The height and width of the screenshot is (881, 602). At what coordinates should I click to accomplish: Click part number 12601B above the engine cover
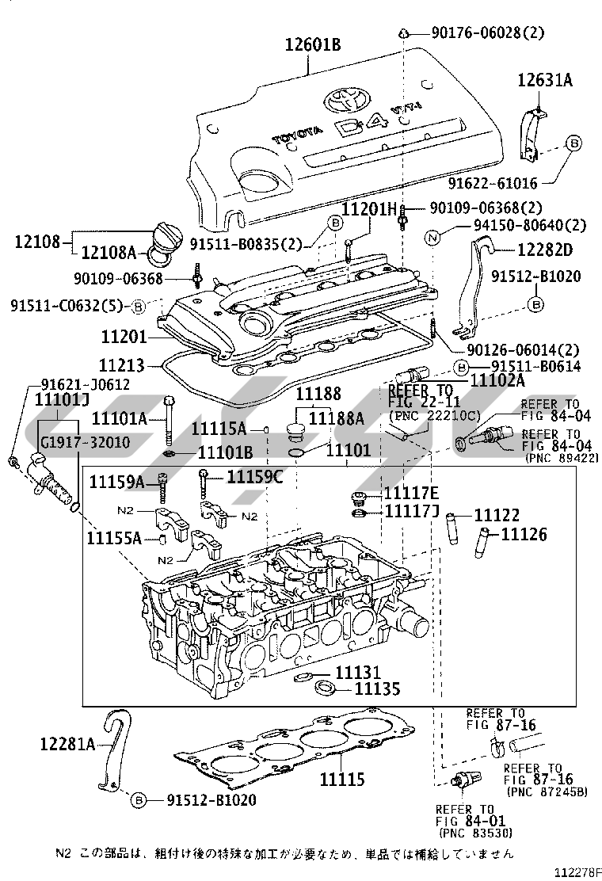click(x=313, y=44)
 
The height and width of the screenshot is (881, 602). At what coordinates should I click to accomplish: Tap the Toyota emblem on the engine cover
click(x=348, y=100)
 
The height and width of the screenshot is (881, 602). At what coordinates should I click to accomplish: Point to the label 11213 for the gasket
click(x=122, y=366)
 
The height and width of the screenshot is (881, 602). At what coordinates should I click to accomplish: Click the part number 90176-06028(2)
click(x=488, y=32)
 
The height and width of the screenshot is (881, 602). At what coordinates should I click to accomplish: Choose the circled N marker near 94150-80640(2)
click(x=432, y=238)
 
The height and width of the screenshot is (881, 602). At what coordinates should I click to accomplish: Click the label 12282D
click(x=545, y=250)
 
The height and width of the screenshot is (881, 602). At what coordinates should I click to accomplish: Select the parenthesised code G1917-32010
click(x=82, y=442)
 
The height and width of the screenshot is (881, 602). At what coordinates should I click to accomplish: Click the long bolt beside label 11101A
click(x=170, y=421)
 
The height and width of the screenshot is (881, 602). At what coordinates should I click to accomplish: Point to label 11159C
click(x=255, y=477)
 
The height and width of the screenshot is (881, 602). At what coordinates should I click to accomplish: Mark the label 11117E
click(x=411, y=494)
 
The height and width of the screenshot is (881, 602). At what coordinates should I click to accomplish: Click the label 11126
click(x=524, y=534)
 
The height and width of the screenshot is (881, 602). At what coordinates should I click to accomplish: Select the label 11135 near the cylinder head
click(x=377, y=688)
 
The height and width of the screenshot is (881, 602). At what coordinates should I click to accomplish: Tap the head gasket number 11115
click(x=342, y=780)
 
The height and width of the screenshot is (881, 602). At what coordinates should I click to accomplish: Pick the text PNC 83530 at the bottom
click(x=476, y=833)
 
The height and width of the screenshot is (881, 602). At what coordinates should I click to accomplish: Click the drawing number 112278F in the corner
click(x=578, y=871)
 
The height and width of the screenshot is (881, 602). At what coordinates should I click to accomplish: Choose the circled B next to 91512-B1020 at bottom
click(x=138, y=800)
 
